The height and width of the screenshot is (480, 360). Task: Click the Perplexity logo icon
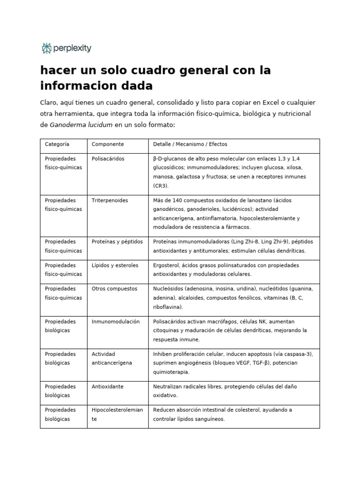[46, 48]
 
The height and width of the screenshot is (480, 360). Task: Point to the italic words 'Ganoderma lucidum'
[81, 125]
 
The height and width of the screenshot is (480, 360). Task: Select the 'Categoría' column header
[57, 144]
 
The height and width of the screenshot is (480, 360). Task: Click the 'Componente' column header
[108, 144]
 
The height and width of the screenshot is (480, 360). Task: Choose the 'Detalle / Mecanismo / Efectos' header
[190, 144]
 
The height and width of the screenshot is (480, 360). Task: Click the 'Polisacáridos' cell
[108, 159]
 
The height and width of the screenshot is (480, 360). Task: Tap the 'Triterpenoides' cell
[110, 201]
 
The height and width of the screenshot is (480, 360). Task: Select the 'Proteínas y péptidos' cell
[117, 242]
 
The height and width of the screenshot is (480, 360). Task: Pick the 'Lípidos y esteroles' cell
[115, 265]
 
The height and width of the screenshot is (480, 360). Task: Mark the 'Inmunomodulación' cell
[116, 322]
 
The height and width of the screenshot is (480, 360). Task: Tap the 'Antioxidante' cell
[107, 387]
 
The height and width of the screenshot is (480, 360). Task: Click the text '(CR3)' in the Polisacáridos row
[160, 186]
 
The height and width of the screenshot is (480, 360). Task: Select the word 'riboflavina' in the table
[167, 307]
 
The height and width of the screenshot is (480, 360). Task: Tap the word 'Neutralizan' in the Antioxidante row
[169, 387]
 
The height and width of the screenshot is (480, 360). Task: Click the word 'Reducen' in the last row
[164, 410]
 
